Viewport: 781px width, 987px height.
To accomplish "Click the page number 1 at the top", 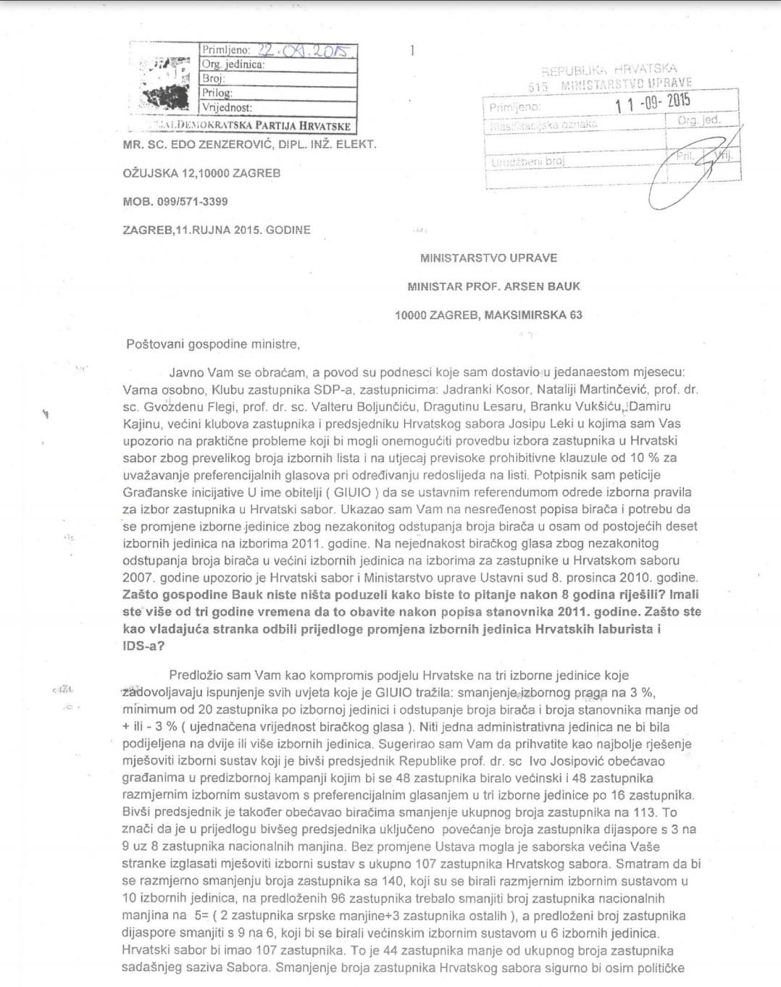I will click(412, 50).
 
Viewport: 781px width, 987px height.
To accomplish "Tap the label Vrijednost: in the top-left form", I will click(227, 107).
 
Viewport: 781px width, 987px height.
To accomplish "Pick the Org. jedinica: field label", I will click(233, 64).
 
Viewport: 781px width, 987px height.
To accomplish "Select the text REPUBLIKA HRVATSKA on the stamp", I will click(609, 70).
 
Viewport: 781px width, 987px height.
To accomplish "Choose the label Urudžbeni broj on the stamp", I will click(527, 163).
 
